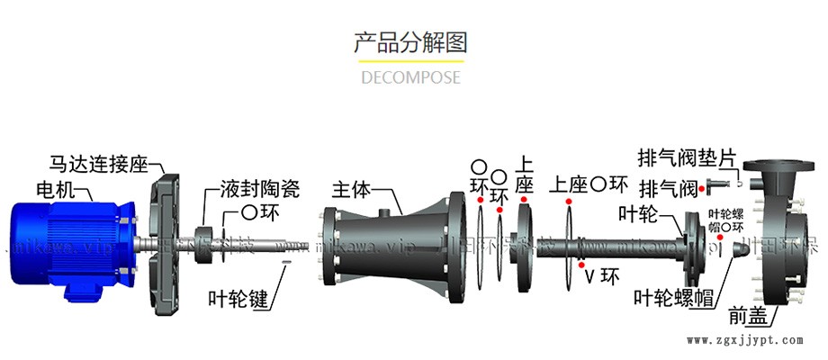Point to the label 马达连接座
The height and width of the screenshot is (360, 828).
(99, 164)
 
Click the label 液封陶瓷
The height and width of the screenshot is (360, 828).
(259, 190)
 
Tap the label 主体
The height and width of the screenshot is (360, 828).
(351, 190)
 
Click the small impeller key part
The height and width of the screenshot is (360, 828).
(286, 263)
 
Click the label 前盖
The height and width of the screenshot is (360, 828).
(748, 316)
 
